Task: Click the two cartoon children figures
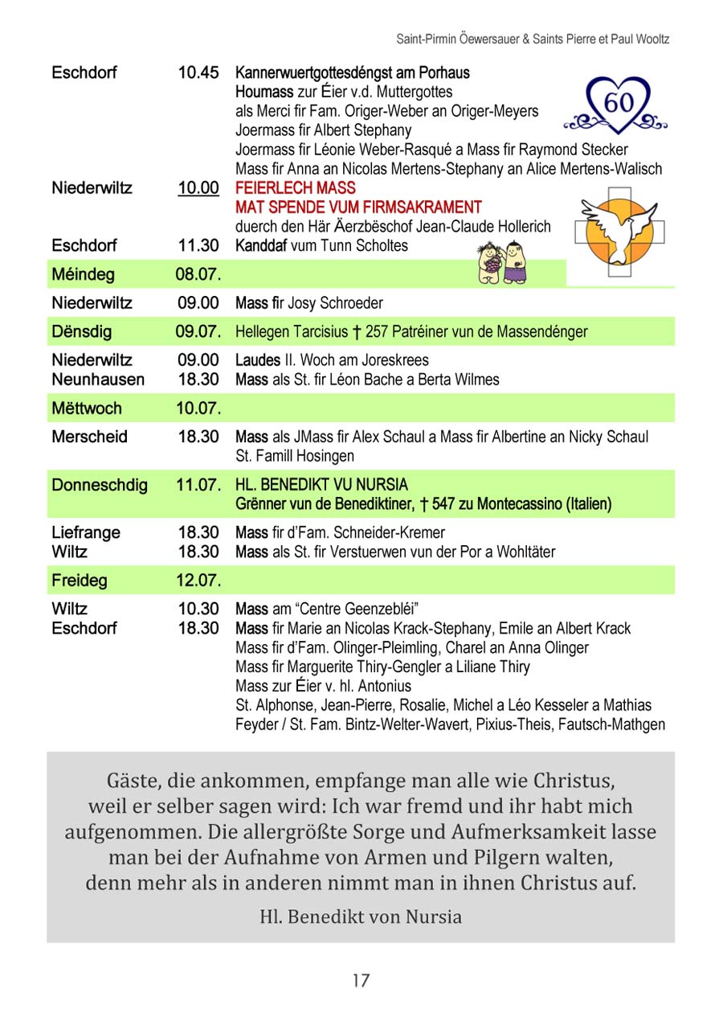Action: [502, 263]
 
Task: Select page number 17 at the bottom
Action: [361, 980]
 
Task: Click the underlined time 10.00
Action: [198, 188]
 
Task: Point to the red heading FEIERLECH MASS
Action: [295, 188]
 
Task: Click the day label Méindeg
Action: [83, 274]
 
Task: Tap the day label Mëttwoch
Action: [87, 408]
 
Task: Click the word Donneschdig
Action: [100, 485]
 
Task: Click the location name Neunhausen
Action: [98, 379]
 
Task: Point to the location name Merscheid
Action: [89, 437]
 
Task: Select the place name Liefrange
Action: [86, 532]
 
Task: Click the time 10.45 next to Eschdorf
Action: [198, 72]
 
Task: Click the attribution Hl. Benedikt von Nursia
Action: [361, 917]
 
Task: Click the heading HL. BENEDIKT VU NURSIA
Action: [321, 485]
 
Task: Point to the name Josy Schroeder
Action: [335, 303]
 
